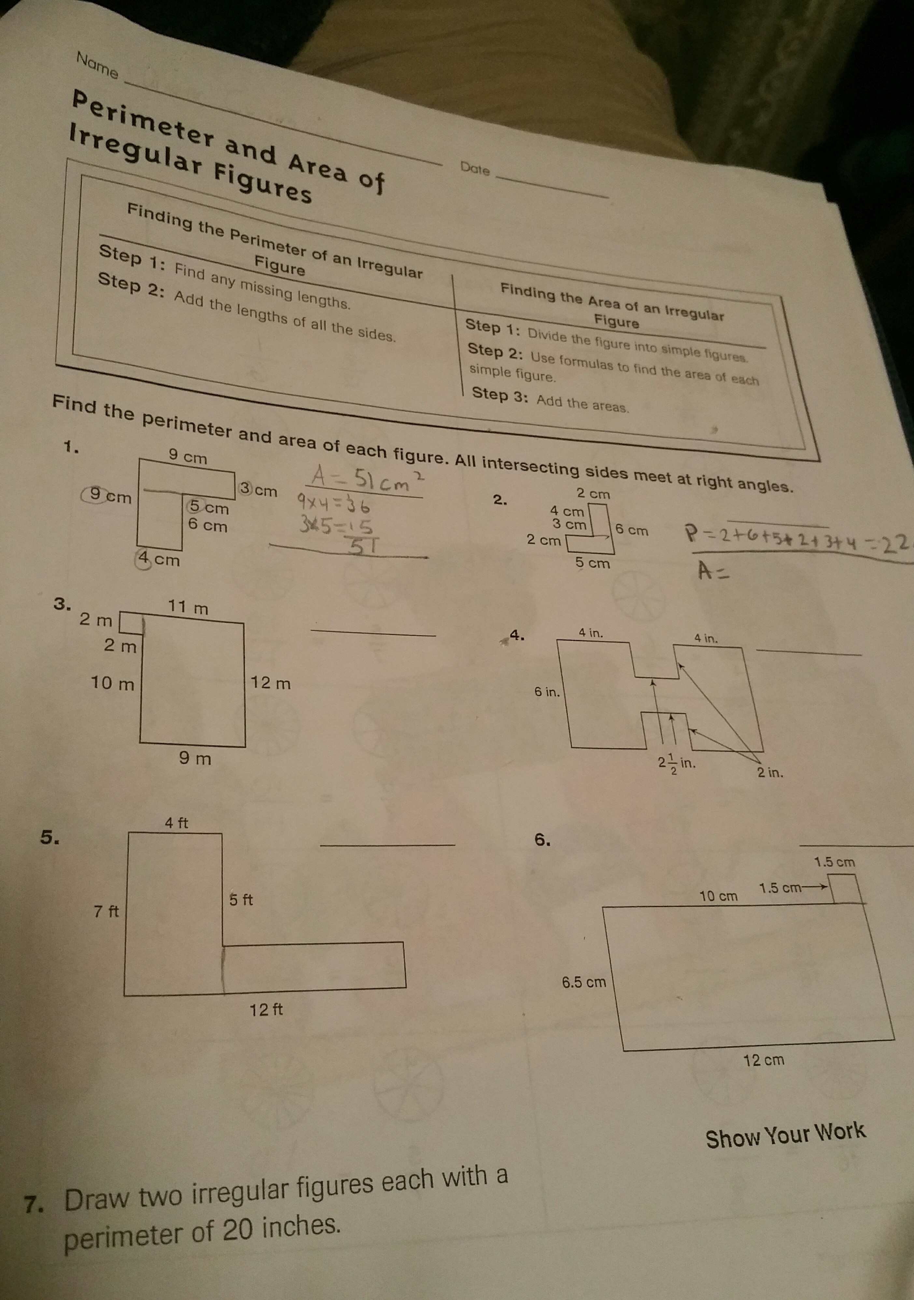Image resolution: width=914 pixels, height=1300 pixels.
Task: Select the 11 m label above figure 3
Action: tap(189, 608)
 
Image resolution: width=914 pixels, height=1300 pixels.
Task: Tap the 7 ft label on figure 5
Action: tap(106, 911)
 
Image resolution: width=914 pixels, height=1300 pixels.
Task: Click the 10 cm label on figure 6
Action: tap(718, 896)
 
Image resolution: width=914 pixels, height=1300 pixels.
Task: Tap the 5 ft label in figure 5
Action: tap(241, 899)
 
